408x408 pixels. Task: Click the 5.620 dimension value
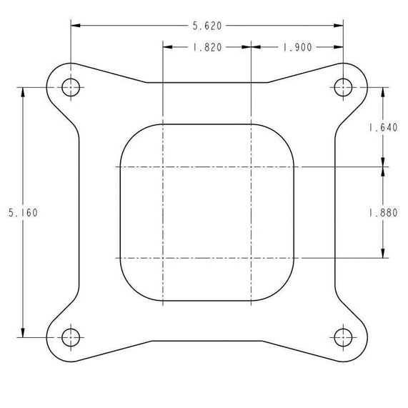click(x=207, y=26)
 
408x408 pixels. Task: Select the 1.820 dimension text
click(x=207, y=48)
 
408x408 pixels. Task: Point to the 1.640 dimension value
click(x=383, y=127)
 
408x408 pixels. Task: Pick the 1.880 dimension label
click(x=383, y=212)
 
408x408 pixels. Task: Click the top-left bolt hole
click(x=70, y=87)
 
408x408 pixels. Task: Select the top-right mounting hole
click(x=344, y=87)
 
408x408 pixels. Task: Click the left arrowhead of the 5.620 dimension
click(x=74, y=26)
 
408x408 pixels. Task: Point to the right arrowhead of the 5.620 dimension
click(x=339, y=26)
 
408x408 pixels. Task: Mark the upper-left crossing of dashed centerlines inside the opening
click(x=163, y=167)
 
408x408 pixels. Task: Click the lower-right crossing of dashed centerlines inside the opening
click(x=252, y=257)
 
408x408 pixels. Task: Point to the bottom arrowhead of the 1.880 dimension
click(x=384, y=253)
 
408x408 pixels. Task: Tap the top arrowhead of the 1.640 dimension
click(x=384, y=91)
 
